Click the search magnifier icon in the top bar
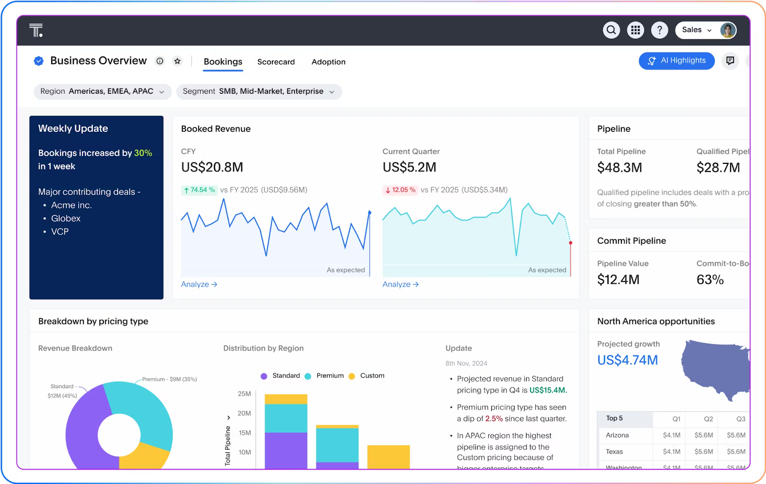611,30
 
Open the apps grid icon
635,30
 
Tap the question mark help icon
659,30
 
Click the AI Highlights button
676,61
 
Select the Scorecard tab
276,62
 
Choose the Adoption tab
328,62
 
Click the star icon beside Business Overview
178,61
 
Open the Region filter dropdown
102,91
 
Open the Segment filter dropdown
259,91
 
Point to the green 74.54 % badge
199,190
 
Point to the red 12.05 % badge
400,190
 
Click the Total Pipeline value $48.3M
620,168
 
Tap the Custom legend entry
372,376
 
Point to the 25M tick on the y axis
244,394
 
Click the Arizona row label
617,435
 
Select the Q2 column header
708,419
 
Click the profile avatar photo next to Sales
728,30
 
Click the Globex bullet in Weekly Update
66,218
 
